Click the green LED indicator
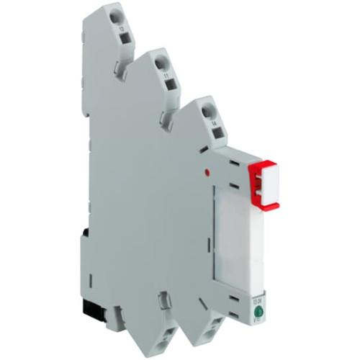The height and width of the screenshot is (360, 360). click(x=257, y=312)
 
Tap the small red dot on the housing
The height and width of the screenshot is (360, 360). click(x=208, y=174)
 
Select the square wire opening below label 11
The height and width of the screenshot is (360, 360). click(x=171, y=86)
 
